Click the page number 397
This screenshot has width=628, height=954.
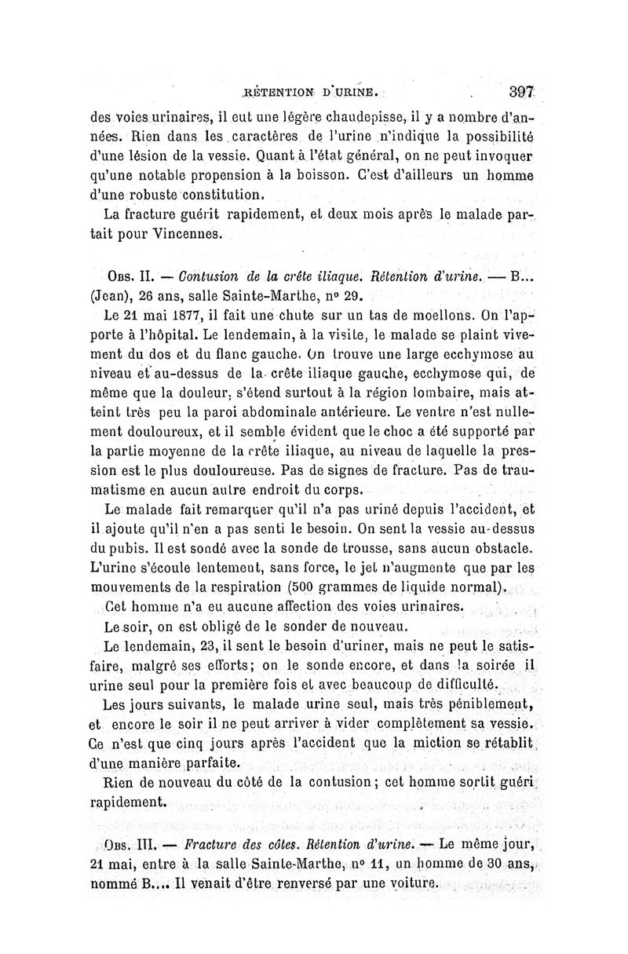coord(520,91)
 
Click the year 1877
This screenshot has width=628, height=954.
coord(193,320)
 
